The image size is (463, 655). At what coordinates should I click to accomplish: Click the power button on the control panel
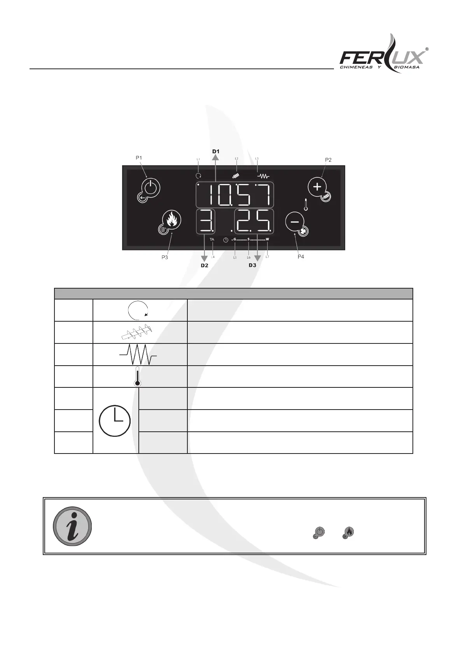pos(150,189)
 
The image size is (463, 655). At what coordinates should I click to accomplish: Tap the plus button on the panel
pos(317,187)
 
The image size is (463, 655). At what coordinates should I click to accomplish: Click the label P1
pos(139,158)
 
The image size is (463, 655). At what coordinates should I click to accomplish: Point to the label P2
pos(328,159)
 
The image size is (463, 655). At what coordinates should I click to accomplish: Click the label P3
pos(165,257)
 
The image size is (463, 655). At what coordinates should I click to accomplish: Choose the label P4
pos(301,257)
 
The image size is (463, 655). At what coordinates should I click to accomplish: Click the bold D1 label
pos(216,151)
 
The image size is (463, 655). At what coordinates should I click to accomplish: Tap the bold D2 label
pos(204,266)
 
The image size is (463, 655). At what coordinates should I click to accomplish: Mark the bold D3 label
pos(253,266)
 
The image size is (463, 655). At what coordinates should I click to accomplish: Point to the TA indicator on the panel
pos(212,240)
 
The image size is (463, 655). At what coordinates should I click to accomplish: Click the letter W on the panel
pos(267,239)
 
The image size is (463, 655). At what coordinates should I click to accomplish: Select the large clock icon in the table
pos(115,420)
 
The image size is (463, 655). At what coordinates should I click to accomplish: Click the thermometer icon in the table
pos(137,376)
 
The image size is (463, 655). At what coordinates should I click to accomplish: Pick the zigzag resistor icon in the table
pos(138,354)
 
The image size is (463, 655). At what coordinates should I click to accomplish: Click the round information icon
pos(72,526)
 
